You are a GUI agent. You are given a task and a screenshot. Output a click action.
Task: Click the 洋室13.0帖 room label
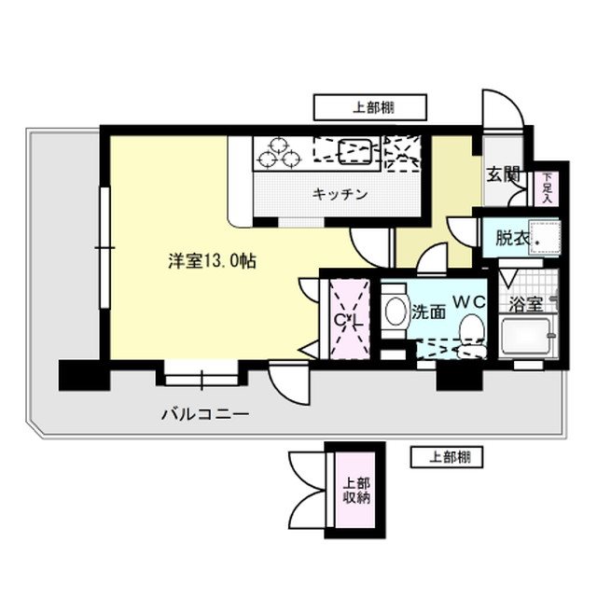click(x=212, y=262)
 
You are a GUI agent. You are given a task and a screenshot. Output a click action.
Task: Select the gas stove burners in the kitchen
click(x=279, y=152)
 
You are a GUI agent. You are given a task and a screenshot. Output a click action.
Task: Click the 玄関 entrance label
click(x=503, y=174)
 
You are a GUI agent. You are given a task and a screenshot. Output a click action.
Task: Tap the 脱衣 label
click(x=512, y=238)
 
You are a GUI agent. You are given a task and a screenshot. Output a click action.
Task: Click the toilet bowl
click(x=474, y=329)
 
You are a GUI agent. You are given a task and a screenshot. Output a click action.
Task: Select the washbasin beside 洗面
click(x=394, y=312)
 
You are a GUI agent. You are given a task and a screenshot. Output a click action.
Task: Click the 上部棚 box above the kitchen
click(x=369, y=106)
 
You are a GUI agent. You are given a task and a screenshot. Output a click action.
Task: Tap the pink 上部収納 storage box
click(x=355, y=491)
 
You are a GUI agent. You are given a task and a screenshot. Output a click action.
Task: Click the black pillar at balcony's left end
click(x=84, y=375)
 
